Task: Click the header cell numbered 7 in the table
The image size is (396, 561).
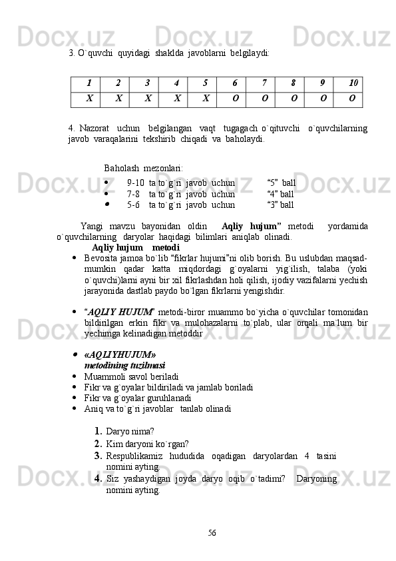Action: point(264,83)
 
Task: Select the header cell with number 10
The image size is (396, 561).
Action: point(354,83)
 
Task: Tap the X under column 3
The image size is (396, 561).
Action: point(148,98)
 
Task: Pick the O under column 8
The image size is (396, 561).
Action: point(294,98)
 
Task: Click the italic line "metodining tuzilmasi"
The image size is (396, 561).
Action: point(124,366)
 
